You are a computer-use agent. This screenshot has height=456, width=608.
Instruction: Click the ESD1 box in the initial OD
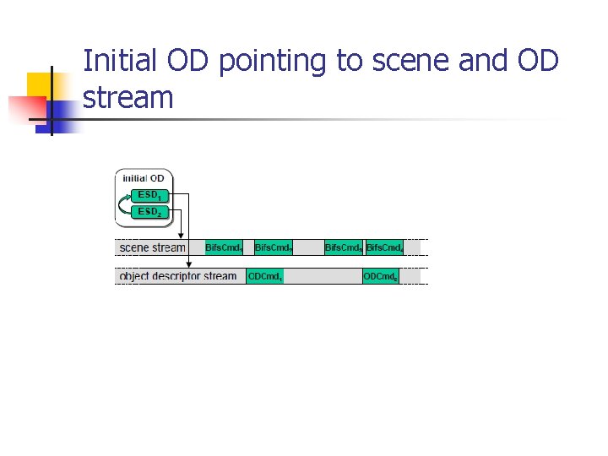[x=149, y=195]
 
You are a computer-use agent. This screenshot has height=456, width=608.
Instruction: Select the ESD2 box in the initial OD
[x=149, y=211]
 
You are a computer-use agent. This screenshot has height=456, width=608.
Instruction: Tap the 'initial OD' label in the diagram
[x=144, y=178]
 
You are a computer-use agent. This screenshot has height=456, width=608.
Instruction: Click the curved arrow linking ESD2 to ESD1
[x=125, y=204]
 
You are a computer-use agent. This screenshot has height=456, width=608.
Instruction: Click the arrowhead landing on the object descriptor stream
[x=188, y=265]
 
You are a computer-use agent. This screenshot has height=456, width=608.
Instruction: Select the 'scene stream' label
[x=153, y=247]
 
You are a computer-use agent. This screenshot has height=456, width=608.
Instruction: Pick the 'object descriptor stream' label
[x=178, y=276]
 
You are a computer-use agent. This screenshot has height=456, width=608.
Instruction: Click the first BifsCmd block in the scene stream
[x=225, y=247]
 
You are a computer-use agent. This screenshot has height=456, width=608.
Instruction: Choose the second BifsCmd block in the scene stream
[x=274, y=247]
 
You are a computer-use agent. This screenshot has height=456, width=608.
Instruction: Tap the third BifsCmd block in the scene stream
[x=344, y=247]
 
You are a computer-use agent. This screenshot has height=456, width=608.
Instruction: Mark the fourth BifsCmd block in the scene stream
[x=384, y=247]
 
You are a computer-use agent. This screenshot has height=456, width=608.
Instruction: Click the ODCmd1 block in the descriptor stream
[x=265, y=276]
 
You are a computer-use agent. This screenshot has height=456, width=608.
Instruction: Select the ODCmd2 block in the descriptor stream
[x=380, y=276]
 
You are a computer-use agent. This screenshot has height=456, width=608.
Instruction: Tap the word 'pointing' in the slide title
[x=285, y=62]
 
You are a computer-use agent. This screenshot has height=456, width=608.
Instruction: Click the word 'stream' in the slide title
[x=128, y=98]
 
